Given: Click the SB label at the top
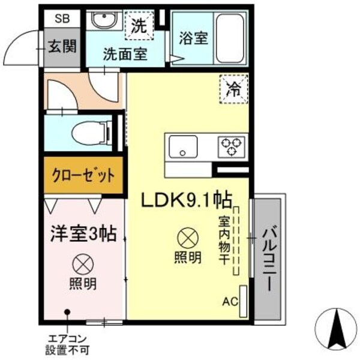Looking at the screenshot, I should click(x=62, y=18).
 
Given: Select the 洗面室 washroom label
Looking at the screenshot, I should click(x=124, y=54).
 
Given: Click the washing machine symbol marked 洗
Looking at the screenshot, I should click(x=139, y=26).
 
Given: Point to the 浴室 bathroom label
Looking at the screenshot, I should click(x=193, y=38).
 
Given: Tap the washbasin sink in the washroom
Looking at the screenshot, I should click(x=103, y=22).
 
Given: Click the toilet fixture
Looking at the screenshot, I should click(x=91, y=132).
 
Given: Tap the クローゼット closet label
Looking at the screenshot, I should click(x=84, y=176).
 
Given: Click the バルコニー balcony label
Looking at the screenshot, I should click(x=268, y=259).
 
